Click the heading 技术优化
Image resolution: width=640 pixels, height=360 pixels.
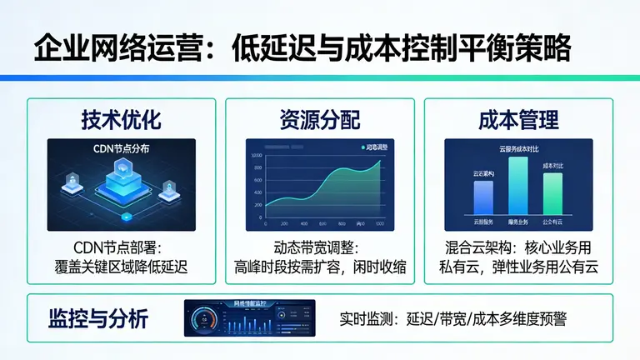pyautogui.click(x=121, y=120)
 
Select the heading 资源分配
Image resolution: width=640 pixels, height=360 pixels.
pyautogui.click(x=319, y=120)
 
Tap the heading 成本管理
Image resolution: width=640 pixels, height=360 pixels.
pyautogui.click(x=518, y=120)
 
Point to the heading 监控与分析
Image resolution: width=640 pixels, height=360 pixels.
pyautogui.click(x=99, y=318)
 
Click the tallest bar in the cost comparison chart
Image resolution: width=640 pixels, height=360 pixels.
pyautogui.click(x=517, y=185)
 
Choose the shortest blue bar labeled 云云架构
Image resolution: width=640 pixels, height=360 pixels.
pyautogui.click(x=483, y=197)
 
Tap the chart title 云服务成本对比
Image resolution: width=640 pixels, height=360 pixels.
pyautogui.click(x=518, y=148)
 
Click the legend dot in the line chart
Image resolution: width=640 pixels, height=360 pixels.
pyautogui.click(x=363, y=147)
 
